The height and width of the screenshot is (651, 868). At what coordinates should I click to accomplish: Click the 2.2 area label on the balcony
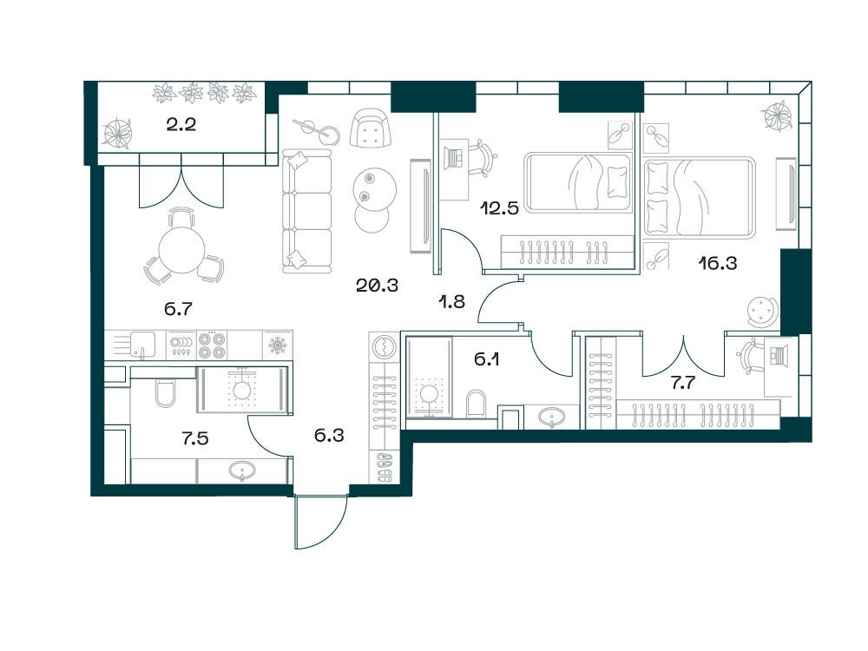(x=181, y=125)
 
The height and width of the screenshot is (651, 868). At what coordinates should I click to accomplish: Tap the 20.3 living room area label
(x=377, y=286)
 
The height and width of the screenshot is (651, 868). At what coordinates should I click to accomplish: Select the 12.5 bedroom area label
(x=500, y=208)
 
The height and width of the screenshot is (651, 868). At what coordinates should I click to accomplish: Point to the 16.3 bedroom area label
(x=718, y=264)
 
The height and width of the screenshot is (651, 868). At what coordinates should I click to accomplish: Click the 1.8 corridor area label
(x=451, y=302)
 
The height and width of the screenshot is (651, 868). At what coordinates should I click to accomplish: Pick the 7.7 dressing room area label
(x=682, y=383)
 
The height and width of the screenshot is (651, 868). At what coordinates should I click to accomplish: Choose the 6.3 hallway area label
(x=329, y=436)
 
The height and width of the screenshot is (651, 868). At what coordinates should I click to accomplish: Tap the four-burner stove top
(x=213, y=345)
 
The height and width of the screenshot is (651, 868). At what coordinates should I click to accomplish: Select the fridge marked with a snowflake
(x=277, y=345)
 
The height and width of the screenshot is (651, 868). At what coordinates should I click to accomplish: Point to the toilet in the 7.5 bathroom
(x=165, y=392)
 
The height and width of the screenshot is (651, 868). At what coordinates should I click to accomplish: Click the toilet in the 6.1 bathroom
(x=476, y=404)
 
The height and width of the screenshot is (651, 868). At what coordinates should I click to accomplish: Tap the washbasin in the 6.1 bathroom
(x=552, y=417)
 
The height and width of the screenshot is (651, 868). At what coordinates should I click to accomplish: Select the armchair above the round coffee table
(x=371, y=128)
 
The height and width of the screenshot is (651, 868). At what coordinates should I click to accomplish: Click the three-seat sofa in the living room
(x=306, y=211)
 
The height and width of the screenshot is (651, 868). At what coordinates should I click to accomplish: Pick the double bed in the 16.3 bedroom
(x=700, y=198)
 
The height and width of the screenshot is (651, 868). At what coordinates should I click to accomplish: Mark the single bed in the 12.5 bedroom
(x=578, y=182)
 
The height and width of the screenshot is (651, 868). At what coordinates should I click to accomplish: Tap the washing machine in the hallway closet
(x=384, y=348)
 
